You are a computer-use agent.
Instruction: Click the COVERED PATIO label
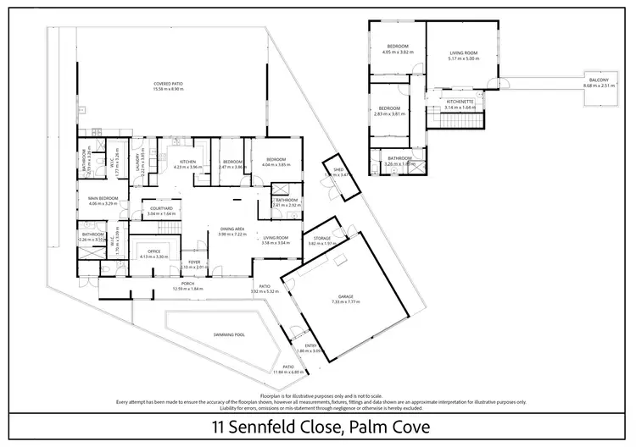point(169,84)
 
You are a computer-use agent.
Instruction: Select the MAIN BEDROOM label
point(101,199)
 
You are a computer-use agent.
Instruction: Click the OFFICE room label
point(153,251)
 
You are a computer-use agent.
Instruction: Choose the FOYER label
point(194,263)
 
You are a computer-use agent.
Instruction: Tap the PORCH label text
point(188,284)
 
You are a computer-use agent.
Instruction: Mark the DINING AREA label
point(232,229)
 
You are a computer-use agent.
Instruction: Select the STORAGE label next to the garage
point(321,239)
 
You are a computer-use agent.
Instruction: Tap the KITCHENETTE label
point(461,102)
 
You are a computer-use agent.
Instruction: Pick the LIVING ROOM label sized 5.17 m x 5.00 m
point(464,53)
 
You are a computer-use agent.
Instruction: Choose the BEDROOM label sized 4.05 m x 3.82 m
point(399,46)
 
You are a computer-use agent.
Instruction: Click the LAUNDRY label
point(137,162)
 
